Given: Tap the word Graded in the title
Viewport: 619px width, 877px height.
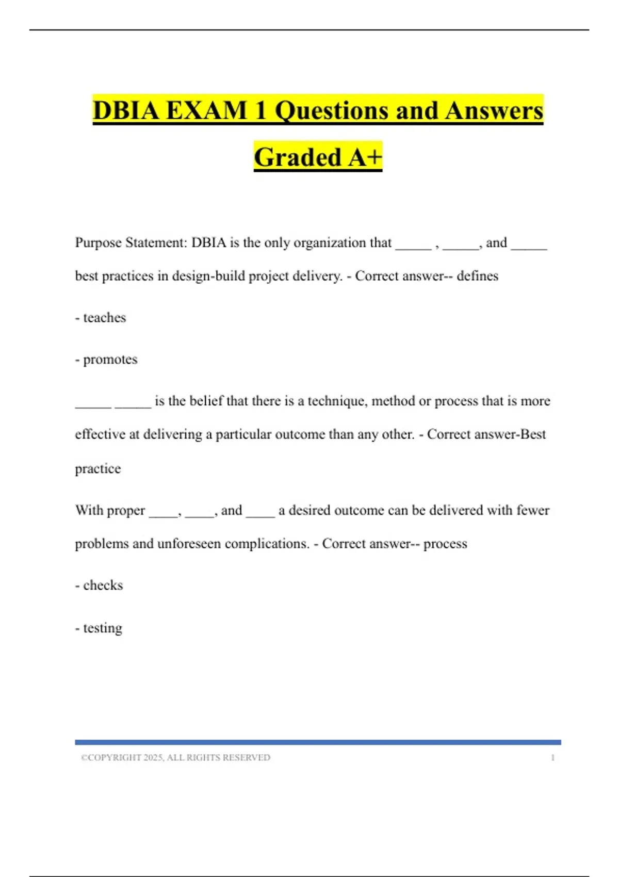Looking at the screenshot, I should pyautogui.click(x=298, y=157).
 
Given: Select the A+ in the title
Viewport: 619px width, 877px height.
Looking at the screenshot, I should pyautogui.click(x=365, y=157).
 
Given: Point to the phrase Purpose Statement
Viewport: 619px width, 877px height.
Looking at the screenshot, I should pyautogui.click(x=131, y=242).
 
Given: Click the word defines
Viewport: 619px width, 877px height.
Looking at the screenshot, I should pyautogui.click(x=477, y=276).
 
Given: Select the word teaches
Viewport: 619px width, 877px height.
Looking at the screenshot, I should pyautogui.click(x=104, y=317).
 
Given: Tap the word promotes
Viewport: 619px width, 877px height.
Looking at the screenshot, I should pyautogui.click(x=110, y=360).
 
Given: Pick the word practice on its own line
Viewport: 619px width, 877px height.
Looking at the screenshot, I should pyautogui.click(x=98, y=468).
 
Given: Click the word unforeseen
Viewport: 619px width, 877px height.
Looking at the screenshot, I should pyautogui.click(x=189, y=544).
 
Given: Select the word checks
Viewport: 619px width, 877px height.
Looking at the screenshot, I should pyautogui.click(x=103, y=586).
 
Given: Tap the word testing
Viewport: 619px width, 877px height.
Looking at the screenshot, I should pyautogui.click(x=103, y=628).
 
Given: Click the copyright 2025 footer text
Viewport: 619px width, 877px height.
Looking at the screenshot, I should pyautogui.click(x=175, y=758).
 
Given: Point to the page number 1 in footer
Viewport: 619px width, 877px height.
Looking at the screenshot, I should pyautogui.click(x=552, y=758).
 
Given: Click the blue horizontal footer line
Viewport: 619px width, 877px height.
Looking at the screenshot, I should pyautogui.click(x=318, y=742).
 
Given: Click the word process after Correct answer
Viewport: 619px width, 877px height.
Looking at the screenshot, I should pyautogui.click(x=445, y=544).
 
